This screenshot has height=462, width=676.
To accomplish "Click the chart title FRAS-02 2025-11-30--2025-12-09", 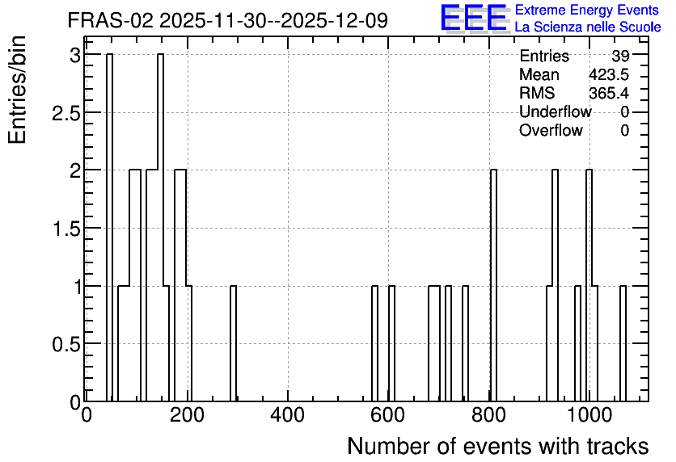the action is pos(228,20).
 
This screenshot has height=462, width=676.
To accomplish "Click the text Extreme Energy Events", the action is pos(587,10).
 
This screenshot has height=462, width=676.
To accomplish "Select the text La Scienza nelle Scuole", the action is pos(588,27).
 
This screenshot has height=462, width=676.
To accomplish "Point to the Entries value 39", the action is pos(620,56).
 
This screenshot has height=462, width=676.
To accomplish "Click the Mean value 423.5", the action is pos(609,74).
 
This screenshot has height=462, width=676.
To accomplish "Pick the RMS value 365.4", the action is pos(609,93).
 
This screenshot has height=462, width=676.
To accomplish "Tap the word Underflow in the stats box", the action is pos(556,111).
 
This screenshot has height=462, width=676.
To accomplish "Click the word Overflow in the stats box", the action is pos(551,130).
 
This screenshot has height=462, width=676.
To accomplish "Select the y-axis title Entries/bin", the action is pos(18,90).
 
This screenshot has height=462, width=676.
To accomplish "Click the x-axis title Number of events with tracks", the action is pos(498,446).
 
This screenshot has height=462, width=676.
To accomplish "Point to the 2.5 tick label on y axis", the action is pos(66,114).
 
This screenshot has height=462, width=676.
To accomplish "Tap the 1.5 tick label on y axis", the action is pos(66,229).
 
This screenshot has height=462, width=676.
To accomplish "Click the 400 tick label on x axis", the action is pos(288,416).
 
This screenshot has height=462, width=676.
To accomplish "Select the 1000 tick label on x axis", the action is pos(589,416).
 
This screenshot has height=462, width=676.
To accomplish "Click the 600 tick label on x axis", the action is pos(388,416).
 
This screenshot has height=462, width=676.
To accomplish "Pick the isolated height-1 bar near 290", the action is pos(233,343).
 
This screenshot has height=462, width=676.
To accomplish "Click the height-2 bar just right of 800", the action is pos(493,285).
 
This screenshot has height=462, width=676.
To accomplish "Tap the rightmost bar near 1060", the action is pos(623,343).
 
